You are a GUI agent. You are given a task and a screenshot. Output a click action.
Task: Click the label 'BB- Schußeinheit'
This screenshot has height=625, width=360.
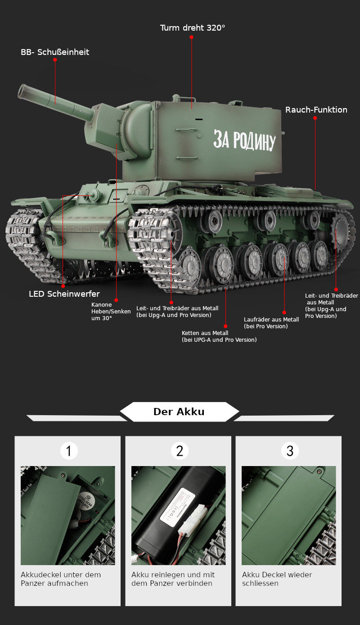click(x=55, y=52)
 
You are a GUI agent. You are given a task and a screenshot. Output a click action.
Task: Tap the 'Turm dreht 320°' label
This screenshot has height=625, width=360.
click(x=193, y=28)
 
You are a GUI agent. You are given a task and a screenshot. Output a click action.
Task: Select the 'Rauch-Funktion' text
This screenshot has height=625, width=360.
click(x=316, y=110)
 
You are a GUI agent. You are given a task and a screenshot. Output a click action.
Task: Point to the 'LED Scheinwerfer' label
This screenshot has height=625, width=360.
click(x=64, y=294)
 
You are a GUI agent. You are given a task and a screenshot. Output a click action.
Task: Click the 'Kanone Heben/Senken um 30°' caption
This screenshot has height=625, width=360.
click(x=111, y=311)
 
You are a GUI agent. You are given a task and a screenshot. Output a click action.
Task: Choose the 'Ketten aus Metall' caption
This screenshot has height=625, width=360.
click(x=219, y=336)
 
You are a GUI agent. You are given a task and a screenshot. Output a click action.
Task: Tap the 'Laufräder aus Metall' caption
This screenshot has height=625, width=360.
click(x=271, y=322)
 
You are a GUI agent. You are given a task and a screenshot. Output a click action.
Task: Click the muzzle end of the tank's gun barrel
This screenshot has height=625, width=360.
click(x=22, y=91)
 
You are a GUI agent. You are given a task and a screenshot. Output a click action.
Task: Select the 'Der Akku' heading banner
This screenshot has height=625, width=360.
click(x=179, y=412)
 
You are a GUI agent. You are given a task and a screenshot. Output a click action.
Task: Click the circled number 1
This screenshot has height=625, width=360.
click(x=69, y=451)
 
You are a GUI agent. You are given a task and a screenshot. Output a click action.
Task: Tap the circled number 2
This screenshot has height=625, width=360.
click(x=180, y=451)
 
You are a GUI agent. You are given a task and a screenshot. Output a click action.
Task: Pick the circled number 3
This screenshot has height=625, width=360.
click(x=290, y=451)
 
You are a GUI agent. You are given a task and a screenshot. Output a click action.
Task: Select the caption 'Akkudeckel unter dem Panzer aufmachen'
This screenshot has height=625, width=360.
click(x=61, y=579)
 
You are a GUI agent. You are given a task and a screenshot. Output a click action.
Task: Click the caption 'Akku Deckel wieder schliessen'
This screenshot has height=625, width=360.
click(x=277, y=579)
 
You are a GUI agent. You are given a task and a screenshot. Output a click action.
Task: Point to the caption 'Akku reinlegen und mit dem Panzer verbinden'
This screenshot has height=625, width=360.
click(x=173, y=579)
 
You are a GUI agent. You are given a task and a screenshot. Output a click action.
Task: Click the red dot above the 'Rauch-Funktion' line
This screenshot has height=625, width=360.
click(x=315, y=118)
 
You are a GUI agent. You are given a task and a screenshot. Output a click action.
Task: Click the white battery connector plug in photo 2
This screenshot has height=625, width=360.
click(x=196, y=524)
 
